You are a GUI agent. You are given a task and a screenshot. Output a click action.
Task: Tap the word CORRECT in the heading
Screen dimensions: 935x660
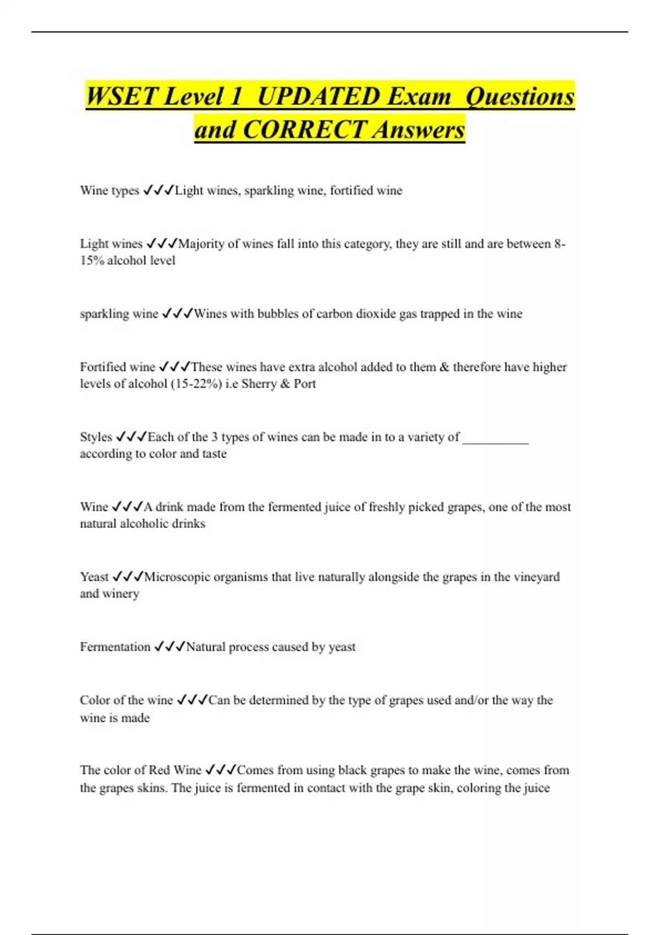pyautogui.click(x=304, y=130)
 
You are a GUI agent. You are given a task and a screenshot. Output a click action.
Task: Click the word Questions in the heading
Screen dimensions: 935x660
pyautogui.click(x=520, y=97)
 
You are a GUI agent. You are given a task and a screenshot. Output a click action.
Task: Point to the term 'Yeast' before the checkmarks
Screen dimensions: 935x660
pyautogui.click(x=94, y=577)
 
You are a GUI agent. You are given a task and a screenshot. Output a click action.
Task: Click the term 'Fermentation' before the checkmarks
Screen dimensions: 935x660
pyautogui.click(x=115, y=647)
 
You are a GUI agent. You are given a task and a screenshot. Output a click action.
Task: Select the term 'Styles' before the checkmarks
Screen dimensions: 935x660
pyautogui.click(x=96, y=437)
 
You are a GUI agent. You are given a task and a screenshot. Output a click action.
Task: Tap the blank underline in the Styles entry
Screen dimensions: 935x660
pyautogui.click(x=496, y=441)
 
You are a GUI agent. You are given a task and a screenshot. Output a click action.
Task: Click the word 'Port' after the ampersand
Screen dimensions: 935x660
pyautogui.click(x=305, y=384)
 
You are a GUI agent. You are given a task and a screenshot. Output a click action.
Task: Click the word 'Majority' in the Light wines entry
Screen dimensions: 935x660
pyautogui.click(x=201, y=244)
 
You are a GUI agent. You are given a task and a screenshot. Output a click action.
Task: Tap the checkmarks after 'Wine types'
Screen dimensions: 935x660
pyautogui.click(x=158, y=191)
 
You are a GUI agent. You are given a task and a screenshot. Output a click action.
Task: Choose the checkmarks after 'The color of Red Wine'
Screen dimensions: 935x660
pyautogui.click(x=221, y=770)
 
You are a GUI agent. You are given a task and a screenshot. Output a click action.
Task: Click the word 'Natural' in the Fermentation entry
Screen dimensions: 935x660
pyautogui.click(x=205, y=647)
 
